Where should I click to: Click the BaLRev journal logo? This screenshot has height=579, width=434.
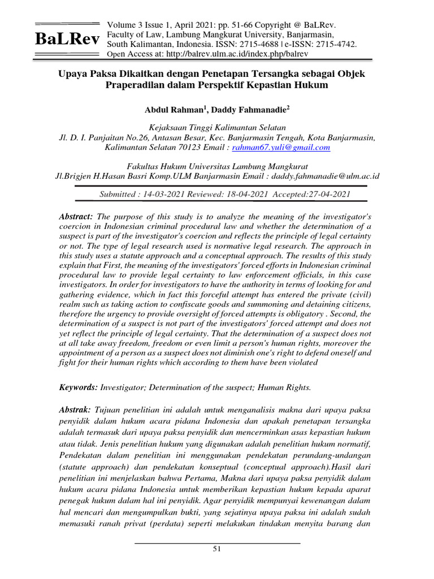(67, 39)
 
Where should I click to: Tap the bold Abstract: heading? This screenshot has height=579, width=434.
(76, 217)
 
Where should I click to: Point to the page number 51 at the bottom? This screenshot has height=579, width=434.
(217, 549)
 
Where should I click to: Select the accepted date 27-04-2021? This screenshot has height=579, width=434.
(329, 193)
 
